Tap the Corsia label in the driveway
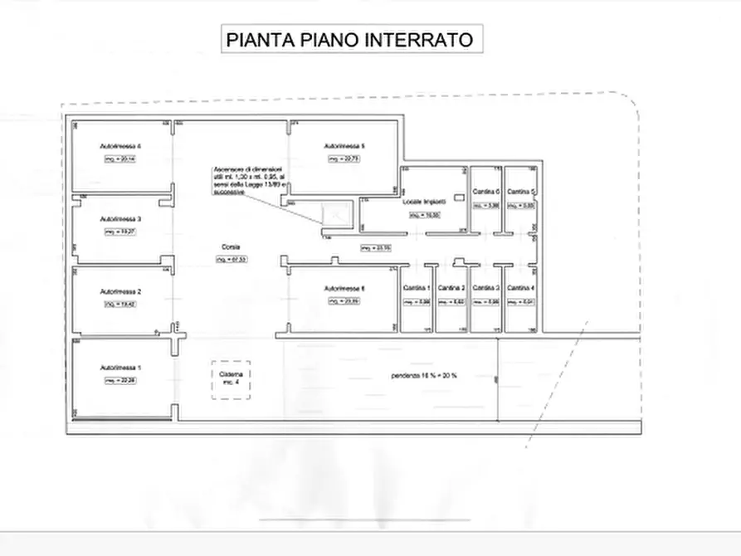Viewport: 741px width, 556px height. pos(230,247)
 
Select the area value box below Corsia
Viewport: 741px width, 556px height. pos(232,259)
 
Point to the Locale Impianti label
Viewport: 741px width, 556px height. pos(424,202)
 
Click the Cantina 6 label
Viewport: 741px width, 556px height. pos(485,192)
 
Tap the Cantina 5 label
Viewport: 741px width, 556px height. pos(520,192)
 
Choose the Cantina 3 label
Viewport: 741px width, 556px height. pos(485,288)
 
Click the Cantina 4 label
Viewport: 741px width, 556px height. pos(520,288)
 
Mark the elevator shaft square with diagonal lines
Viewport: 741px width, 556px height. pos(336,214)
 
